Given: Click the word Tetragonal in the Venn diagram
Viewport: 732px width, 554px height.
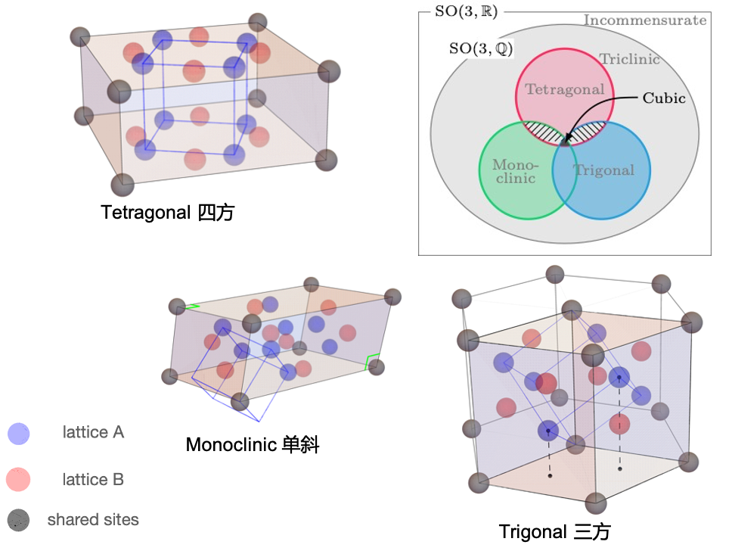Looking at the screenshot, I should tap(565, 89).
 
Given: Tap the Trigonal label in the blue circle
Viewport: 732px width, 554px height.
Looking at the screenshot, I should tap(603, 170).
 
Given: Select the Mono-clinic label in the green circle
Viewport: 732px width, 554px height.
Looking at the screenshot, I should tap(514, 171).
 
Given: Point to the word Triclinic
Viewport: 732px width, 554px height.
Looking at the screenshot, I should tap(629, 59).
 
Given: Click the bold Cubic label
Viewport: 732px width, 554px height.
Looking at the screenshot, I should tap(664, 98).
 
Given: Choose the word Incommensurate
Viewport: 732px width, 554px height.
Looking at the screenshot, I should tap(644, 20).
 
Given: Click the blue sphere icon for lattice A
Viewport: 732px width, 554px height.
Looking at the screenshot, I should tap(17, 434).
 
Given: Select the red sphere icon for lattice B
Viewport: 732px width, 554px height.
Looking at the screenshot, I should tap(17, 480).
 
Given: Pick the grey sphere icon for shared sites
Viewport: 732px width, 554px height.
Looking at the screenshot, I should tap(17, 520).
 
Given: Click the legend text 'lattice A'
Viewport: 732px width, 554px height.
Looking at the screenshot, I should tap(93, 433).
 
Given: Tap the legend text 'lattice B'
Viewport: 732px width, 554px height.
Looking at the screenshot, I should tap(93, 480).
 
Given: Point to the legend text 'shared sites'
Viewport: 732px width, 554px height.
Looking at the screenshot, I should tap(93, 520).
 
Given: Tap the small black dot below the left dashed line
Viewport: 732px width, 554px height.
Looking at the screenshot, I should tap(550, 476).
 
